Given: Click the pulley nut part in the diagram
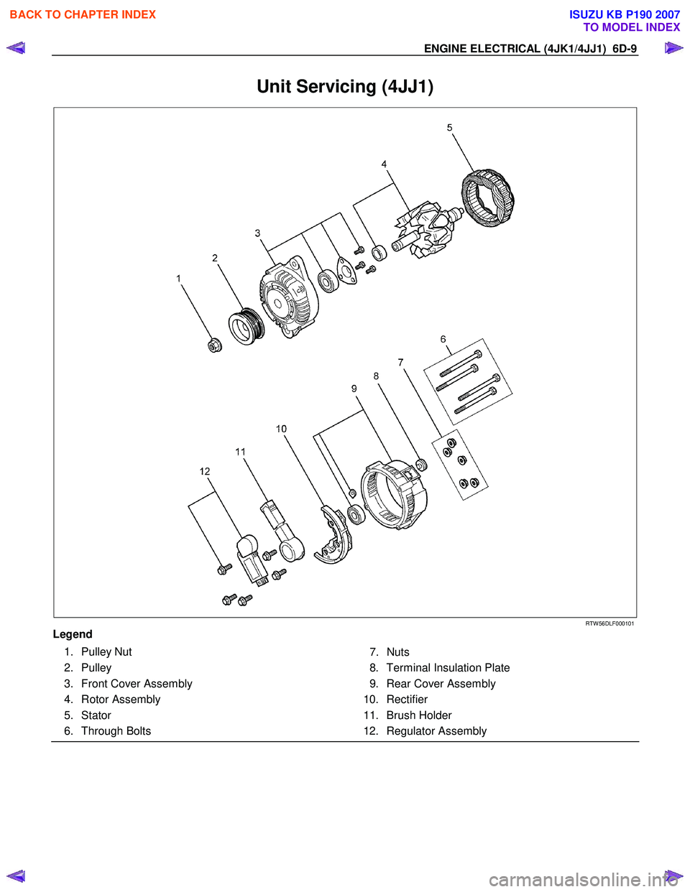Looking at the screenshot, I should click(x=214, y=345).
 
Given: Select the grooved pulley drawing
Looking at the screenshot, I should click(x=247, y=326).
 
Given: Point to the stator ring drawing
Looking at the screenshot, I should click(x=487, y=198).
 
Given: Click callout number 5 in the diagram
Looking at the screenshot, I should click(x=450, y=128).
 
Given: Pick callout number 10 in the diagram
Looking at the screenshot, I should click(x=281, y=429).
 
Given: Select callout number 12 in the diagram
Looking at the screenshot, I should click(x=205, y=471).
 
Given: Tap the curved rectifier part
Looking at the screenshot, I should click(x=333, y=535).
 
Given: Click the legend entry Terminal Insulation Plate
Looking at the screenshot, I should click(x=448, y=668).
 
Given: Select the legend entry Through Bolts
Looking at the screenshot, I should click(x=116, y=731).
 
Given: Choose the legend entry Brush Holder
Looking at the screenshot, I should click(x=419, y=715).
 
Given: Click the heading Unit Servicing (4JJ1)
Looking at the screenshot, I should click(x=345, y=87).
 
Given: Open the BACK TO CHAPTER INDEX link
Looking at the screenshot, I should click(x=83, y=14).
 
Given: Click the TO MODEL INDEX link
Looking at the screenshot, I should click(x=631, y=27).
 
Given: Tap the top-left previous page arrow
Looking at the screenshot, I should click(x=16, y=48).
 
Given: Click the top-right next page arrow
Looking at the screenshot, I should click(x=673, y=48).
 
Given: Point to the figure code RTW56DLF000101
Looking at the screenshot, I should click(x=609, y=623).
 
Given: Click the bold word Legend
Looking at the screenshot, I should click(x=73, y=634).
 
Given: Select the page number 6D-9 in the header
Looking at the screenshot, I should click(x=625, y=49).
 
